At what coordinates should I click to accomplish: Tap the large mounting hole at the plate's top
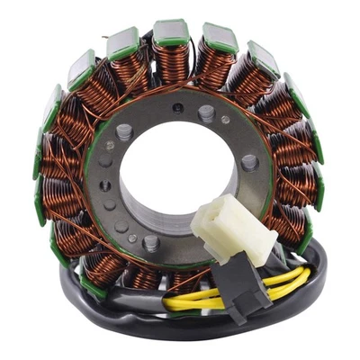(206, 113)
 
